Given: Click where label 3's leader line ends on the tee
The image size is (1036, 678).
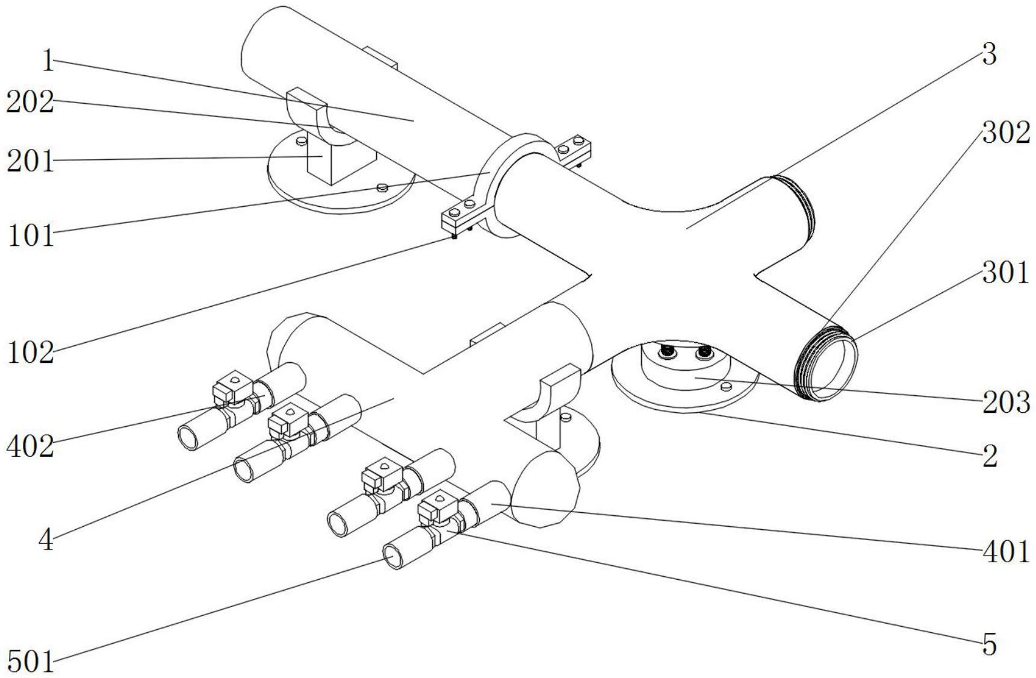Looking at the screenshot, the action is (686, 228).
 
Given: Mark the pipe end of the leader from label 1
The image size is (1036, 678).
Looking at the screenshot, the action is (414, 121).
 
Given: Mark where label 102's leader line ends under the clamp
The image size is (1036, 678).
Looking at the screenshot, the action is (455, 237).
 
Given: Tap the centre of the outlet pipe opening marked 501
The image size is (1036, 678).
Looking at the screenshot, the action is (395, 554).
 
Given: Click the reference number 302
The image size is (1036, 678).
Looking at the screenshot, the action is (1006, 133).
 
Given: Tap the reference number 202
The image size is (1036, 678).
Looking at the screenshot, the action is (30, 102).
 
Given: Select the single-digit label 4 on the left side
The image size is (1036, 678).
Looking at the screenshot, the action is (46, 540).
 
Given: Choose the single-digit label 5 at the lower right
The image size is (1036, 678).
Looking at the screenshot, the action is (990, 645).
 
